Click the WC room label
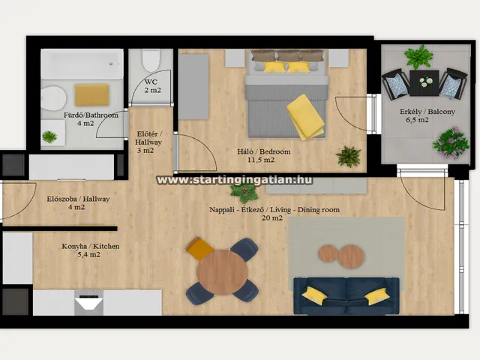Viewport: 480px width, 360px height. click(x=151, y=82)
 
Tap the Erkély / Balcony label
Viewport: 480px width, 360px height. click(x=427, y=112)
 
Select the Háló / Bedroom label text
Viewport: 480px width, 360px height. click(x=264, y=151)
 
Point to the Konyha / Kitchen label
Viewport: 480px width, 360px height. click(x=91, y=246)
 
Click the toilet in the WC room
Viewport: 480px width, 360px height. click(x=151, y=60)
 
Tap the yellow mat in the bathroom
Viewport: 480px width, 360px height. click(x=92, y=95)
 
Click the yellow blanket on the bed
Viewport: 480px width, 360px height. click(x=305, y=117)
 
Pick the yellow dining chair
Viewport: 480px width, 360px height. click(x=199, y=248)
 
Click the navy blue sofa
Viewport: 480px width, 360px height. click(x=346, y=295)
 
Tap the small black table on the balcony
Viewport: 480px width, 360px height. click(x=424, y=83)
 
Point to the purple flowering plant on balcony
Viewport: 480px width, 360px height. click(x=451, y=143)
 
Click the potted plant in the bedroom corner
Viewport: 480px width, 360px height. click(x=348, y=156)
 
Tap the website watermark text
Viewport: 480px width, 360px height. click(x=235, y=180)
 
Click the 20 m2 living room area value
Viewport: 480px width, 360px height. click(x=272, y=218)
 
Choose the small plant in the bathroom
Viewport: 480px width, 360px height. click(x=49, y=136)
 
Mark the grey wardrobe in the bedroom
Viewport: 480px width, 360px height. click(x=193, y=87)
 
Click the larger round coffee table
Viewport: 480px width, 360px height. click(x=351, y=256)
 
